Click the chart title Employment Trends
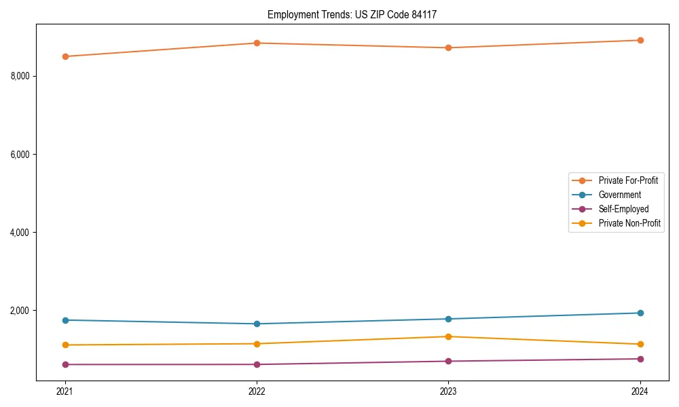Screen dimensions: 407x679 tap(356, 14)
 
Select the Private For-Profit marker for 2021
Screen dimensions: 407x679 tap(65, 56)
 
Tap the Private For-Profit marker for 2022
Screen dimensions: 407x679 tap(257, 43)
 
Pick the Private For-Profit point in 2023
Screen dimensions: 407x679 tap(449, 48)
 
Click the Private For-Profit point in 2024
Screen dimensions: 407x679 tap(640, 40)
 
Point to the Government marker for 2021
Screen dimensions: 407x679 tap(65, 320)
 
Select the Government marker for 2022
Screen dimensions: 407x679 tap(257, 324)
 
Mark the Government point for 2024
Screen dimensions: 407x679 tap(640, 313)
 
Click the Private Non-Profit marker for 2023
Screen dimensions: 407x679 tap(449, 336)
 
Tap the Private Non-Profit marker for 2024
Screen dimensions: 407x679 tap(640, 345)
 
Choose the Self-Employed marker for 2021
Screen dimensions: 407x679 tap(65, 364)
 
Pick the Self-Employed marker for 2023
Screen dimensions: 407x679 tap(449, 361)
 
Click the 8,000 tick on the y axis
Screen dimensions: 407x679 tap(20, 76)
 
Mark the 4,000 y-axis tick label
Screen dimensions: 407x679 tap(20, 233)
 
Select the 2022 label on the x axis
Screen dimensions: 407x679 tap(257, 391)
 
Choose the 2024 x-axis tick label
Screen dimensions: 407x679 tap(640, 391)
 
